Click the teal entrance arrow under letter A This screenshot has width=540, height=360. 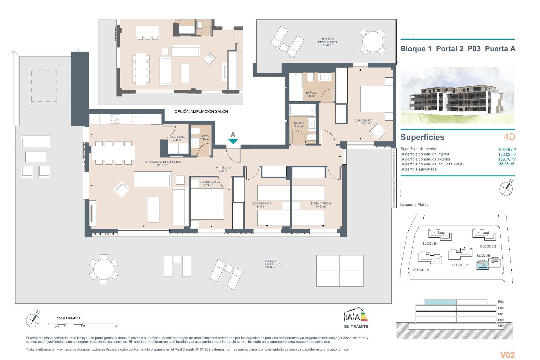tap(233, 141)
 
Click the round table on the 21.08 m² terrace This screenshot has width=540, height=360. tap(373, 41)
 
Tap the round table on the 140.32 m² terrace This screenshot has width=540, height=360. tap(104, 269)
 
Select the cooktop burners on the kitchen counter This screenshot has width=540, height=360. tap(115, 119)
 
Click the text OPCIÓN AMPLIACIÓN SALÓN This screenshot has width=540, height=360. tap(201, 112)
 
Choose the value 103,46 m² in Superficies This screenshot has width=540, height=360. tap(507, 150)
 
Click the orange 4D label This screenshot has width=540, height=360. tap(509, 137)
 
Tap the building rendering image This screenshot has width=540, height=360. tap(457, 95)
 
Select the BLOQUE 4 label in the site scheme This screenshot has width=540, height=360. tap(430, 244)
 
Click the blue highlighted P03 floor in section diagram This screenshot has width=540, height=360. tap(440, 302)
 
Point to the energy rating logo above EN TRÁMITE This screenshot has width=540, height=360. tap(356, 315)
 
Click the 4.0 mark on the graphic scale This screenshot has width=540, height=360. tap(117, 326)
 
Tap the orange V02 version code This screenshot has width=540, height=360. tap(507, 355)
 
